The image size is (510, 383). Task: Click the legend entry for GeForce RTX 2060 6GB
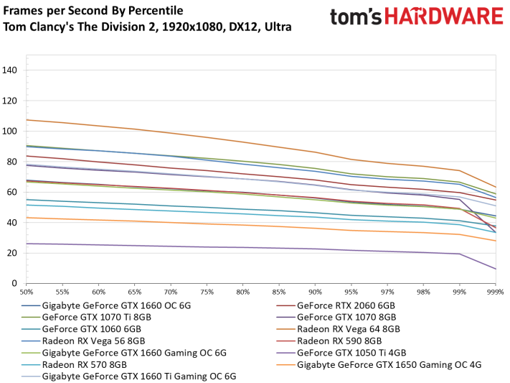346,305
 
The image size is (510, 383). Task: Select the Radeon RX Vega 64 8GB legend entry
349,329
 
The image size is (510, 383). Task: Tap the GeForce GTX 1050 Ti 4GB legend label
351,353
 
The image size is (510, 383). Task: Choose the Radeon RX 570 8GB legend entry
84,365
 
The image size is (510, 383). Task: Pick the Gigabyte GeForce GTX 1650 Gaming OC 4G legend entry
389,365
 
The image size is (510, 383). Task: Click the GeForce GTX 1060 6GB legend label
91,329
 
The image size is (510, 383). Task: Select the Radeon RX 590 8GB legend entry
339,341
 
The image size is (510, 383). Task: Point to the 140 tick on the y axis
9,70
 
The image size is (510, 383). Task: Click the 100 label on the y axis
9,131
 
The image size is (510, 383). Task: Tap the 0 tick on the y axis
14,283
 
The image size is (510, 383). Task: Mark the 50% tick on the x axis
27,292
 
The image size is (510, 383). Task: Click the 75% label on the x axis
207,292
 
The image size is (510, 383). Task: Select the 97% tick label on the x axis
387,292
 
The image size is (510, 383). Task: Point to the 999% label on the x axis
496,292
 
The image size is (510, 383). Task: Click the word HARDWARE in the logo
444,17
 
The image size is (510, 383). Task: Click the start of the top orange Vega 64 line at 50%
27,120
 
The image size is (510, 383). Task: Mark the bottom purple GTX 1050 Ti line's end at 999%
496,269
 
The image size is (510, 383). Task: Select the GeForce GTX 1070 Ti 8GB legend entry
97,318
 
